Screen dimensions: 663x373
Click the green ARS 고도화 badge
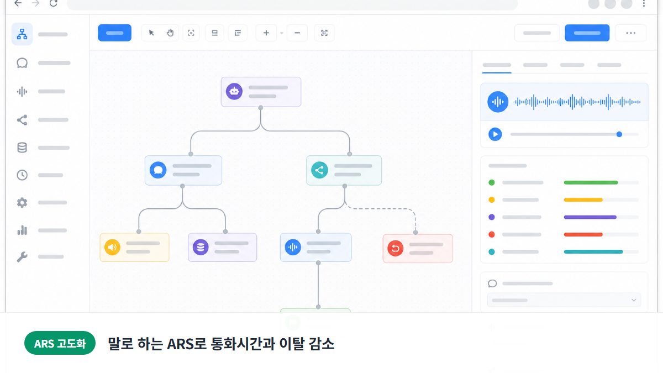tap(60, 343)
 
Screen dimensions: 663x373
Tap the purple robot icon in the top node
tap(234, 91)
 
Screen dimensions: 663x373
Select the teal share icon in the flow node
tap(319, 170)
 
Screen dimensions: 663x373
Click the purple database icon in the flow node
tap(201, 247)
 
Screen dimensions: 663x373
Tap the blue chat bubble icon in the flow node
tap(158, 170)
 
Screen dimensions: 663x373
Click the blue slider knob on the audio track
tap(619, 134)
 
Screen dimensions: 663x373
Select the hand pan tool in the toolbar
tap(170, 33)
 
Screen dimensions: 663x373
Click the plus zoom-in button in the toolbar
tap(266, 33)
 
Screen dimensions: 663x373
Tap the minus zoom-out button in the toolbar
tap(297, 33)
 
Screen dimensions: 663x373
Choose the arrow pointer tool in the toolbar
tap(151, 33)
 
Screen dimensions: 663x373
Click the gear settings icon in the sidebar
tap(22, 203)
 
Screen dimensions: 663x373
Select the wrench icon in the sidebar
tap(22, 257)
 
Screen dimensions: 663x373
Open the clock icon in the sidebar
tap(22, 175)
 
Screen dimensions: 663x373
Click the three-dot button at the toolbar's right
tap(631, 33)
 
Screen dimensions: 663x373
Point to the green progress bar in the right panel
tap(591, 183)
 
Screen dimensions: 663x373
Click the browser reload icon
tap(53, 3)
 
